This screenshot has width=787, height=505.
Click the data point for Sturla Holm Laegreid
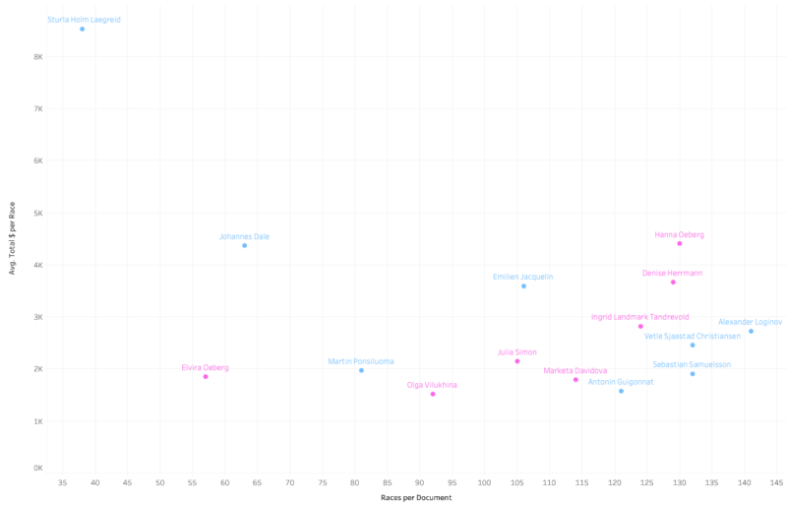tap(83, 30)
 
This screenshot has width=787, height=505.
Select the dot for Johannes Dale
tap(245, 245)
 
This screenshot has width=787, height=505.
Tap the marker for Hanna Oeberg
tap(680, 243)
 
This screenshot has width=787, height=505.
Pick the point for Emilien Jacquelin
tap(523, 285)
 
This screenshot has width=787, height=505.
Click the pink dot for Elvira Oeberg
tap(206, 376)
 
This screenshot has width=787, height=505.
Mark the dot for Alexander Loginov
tap(751, 331)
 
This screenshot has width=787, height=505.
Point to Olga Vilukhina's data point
tap(433, 394)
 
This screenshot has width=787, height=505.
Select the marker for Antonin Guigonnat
tap(621, 391)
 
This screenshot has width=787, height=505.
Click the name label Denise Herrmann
tap(672, 273)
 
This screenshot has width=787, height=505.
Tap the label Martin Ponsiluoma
tap(360, 361)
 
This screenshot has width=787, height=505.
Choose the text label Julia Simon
tap(516, 351)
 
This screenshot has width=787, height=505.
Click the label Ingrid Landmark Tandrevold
tap(639, 317)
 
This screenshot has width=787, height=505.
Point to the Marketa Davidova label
tap(575, 370)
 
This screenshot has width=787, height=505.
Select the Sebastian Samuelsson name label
tap(692, 364)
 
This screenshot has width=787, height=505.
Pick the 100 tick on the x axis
tap(484, 482)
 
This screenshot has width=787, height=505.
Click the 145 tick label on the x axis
tap(776, 482)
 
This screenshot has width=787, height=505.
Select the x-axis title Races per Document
tap(415, 497)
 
